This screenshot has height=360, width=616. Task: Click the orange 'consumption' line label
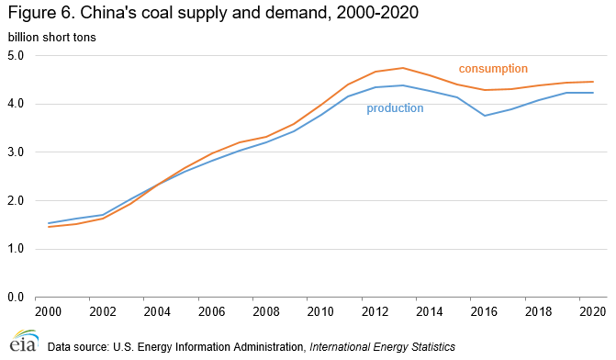click(x=493, y=69)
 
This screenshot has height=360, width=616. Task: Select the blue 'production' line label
click(x=395, y=108)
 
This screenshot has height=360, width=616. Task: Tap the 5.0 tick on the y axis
click(x=16, y=55)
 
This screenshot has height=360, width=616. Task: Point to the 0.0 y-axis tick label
click(x=16, y=298)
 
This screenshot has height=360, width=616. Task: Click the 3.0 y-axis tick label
click(x=16, y=152)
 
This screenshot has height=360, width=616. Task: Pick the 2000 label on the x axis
click(x=49, y=311)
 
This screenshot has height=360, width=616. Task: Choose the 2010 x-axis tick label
click(x=320, y=311)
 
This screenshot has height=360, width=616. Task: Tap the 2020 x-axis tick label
click(x=593, y=311)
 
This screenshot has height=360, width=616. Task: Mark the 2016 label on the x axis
click(x=484, y=311)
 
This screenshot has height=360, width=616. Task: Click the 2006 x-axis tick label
click(x=212, y=311)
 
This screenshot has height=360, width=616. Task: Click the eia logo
click(x=25, y=341)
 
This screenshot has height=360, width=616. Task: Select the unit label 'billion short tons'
click(x=51, y=38)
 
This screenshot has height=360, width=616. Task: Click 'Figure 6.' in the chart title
click(x=41, y=13)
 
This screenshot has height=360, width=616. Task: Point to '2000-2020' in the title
click(x=377, y=13)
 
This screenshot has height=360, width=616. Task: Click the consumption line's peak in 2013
click(x=403, y=68)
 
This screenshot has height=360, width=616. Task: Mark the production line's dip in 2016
click(x=485, y=116)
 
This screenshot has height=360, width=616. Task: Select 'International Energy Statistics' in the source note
click(x=382, y=347)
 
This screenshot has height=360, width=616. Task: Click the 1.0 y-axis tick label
click(x=16, y=249)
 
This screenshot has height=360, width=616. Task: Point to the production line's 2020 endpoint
click(x=593, y=93)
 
